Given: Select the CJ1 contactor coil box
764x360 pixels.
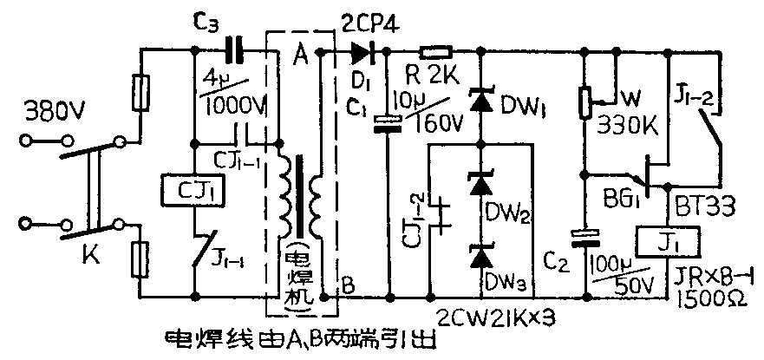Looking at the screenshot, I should click(x=193, y=187).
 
